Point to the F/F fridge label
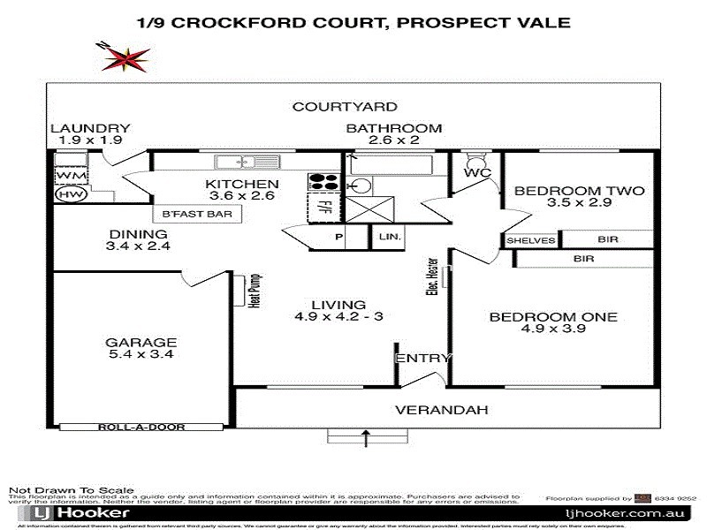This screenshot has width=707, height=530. click(323, 210)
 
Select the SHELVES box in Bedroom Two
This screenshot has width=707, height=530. click(531, 240)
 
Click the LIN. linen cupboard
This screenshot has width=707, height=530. click(389, 238)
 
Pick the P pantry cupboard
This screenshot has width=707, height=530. click(338, 238)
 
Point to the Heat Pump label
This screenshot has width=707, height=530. click(254, 290)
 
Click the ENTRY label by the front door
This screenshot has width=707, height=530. click(423, 359)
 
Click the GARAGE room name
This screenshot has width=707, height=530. click(141, 343)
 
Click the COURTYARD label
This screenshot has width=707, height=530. click(345, 107)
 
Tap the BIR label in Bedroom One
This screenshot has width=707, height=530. click(583, 259)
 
